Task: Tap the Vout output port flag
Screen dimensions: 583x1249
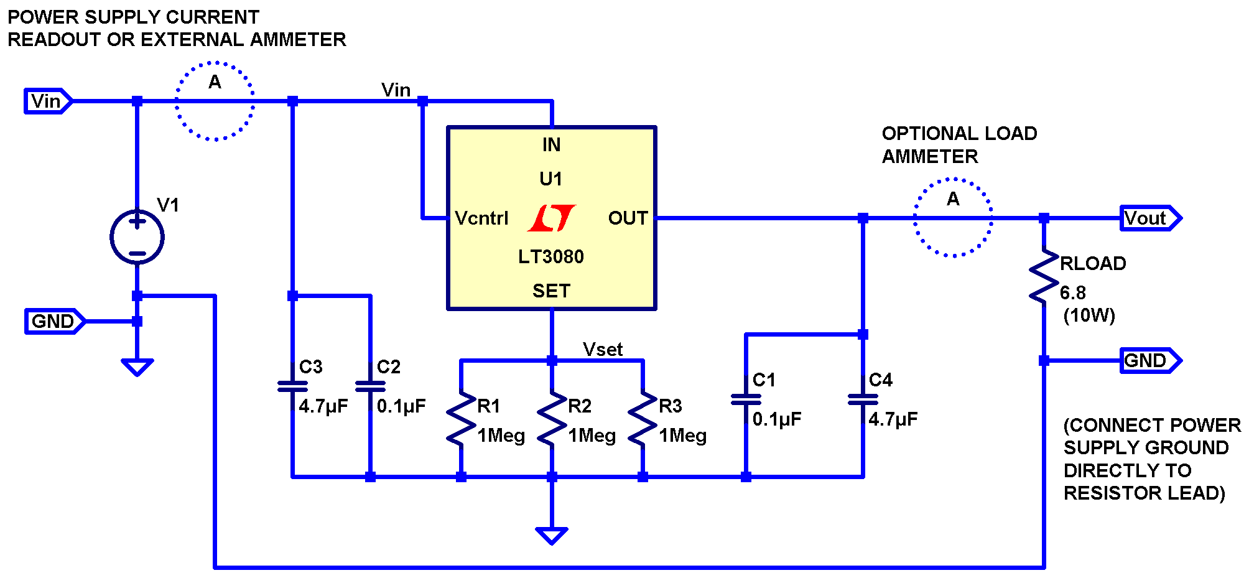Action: click(1149, 218)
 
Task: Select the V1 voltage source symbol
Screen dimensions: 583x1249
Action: click(137, 237)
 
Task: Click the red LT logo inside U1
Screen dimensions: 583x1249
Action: click(552, 218)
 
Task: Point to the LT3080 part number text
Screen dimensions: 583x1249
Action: click(551, 257)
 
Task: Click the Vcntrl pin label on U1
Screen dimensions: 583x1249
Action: click(481, 218)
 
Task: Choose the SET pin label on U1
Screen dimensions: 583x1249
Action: click(551, 291)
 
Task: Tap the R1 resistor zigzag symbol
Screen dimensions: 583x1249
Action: click(461, 418)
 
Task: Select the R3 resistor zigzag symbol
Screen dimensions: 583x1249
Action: click(643, 418)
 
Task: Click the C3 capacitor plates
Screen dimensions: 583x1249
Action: click(292, 386)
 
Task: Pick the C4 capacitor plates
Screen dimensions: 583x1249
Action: click(863, 399)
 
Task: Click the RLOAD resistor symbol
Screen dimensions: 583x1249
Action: click(1044, 278)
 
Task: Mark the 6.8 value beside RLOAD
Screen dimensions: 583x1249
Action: click(1073, 292)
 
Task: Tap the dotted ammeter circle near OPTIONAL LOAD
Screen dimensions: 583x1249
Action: click(953, 218)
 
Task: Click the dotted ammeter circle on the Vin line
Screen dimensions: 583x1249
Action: click(215, 101)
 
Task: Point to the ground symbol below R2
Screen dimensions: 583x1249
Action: click(551, 535)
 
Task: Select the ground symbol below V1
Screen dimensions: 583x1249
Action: click(137, 366)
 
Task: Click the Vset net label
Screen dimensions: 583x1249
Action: click(602, 350)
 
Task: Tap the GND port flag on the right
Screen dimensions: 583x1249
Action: click(1149, 360)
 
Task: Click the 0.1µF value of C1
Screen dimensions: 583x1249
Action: click(777, 419)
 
